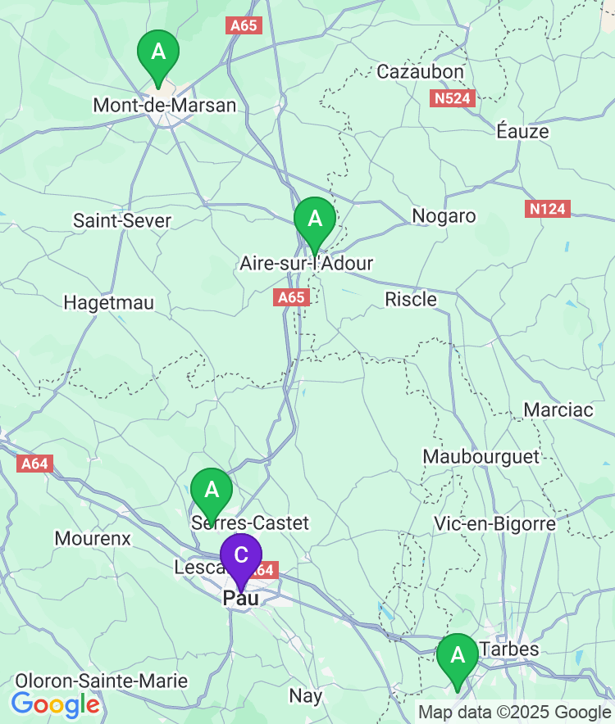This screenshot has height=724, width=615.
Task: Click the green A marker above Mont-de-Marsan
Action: (x=158, y=53)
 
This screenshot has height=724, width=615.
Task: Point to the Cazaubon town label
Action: (x=420, y=72)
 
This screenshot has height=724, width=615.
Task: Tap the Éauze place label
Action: (x=522, y=131)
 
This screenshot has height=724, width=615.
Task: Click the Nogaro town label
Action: (x=444, y=216)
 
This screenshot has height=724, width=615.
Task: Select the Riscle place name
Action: (x=411, y=300)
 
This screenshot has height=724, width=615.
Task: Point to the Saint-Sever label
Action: (x=122, y=220)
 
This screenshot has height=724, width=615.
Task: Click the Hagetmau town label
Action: (x=109, y=303)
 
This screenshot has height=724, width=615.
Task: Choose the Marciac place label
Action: (x=558, y=410)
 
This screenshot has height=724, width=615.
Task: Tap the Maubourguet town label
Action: (x=481, y=456)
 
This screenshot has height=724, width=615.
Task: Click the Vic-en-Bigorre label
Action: (x=494, y=523)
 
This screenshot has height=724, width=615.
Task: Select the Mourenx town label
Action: (x=93, y=538)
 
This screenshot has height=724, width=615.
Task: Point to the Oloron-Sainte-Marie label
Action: (x=102, y=681)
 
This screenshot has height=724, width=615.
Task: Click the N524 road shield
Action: (x=453, y=98)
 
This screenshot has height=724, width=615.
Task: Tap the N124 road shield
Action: (x=547, y=209)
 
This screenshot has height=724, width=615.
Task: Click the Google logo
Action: (x=55, y=704)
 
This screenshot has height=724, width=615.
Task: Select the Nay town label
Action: (x=306, y=696)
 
